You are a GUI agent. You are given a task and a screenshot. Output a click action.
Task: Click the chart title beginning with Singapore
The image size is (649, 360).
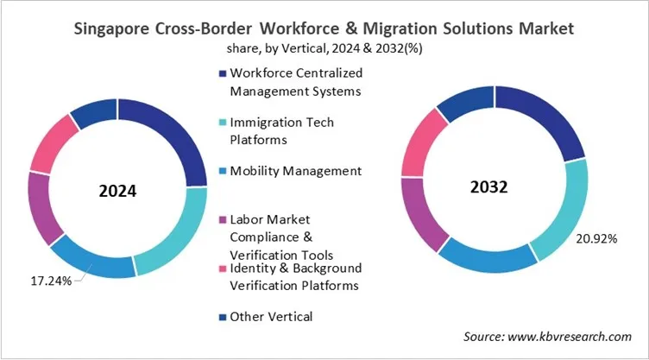pyautogui.click(x=324, y=28)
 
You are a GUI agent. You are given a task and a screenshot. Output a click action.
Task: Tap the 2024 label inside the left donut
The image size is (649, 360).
pyautogui.click(x=118, y=190)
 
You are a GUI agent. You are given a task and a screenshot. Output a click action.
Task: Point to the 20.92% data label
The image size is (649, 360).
pyautogui.click(x=595, y=238)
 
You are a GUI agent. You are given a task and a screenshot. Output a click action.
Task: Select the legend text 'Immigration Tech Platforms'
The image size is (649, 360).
pyautogui.click(x=281, y=130)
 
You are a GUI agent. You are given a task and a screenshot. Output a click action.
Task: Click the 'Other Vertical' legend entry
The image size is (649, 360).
pyautogui.click(x=270, y=317)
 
